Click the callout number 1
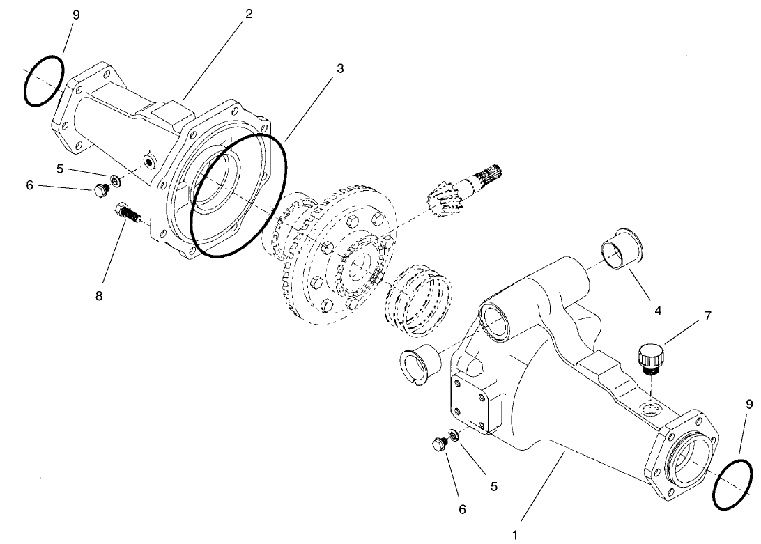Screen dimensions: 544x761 pos(515,534)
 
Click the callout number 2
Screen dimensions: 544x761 pos(248,15)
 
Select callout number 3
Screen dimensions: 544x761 pos(340,68)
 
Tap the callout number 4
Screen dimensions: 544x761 pos(658,311)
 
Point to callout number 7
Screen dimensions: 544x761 pos(708,316)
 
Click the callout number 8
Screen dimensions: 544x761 pos(99,295)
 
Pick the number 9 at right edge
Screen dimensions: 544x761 pos(750,403)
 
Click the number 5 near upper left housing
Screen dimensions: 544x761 pos(60,169)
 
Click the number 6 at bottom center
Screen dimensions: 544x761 pos(462,509)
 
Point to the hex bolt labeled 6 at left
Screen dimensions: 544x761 pos(100,189)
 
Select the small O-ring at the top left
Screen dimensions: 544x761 pos(43,81)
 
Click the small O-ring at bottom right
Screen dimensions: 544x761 pos(733,484)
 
